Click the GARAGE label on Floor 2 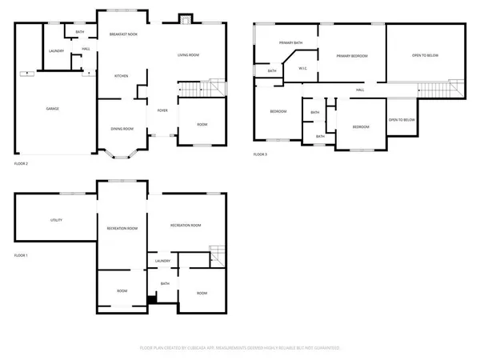pos(52,109)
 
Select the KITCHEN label pos(121,76)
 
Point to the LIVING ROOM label pos(188,55)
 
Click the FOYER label pos(162,110)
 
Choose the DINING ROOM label pos(122,129)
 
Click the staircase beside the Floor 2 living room pos(193,88)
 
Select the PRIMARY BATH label pos(290,42)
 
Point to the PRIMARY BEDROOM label pos(352,56)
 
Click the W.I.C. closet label pos(303,68)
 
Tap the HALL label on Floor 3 pos(360,90)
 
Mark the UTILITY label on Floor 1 pos(56,220)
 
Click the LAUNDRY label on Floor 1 pos(162,261)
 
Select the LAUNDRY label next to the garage pos(56,51)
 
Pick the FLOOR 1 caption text pos(21,255)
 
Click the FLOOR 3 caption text pos(261,154)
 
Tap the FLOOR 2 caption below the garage pos(21,163)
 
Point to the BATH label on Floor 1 pos(165,283)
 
